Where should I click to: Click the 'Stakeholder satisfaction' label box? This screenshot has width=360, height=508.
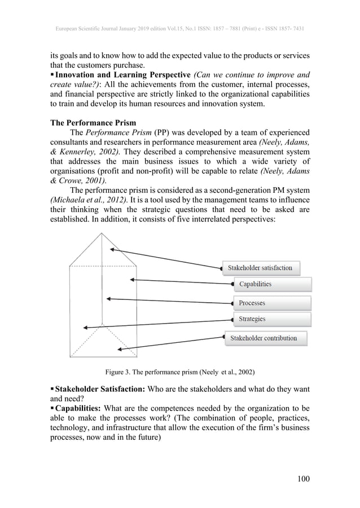260,268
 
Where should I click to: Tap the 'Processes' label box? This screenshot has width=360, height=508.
271,303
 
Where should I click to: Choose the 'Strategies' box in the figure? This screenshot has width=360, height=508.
271,319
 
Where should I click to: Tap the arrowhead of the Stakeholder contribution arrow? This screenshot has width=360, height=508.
120,350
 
